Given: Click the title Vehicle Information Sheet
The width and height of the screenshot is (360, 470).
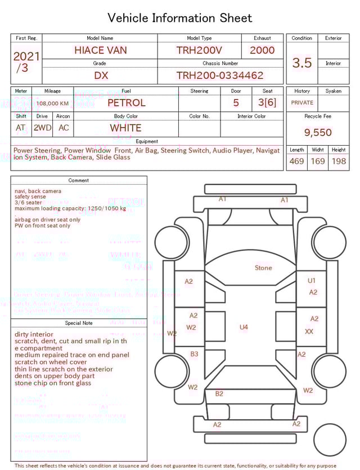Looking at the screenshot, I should point(180,18).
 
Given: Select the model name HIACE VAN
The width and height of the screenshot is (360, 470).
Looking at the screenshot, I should point(100,50).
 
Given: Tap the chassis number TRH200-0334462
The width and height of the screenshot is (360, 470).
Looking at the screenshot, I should point(219,75).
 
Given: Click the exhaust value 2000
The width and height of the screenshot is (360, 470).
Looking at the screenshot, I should point(262,50).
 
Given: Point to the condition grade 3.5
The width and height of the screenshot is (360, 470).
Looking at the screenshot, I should point(302,63).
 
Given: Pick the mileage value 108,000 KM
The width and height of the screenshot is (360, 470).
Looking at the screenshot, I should point(53,104).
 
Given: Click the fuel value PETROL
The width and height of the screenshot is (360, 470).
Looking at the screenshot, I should point(126,103).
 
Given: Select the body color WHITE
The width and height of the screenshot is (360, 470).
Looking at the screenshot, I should point(125,128).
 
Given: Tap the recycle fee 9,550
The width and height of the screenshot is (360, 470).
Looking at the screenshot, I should point(318,133).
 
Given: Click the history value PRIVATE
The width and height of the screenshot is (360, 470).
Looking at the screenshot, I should point(302,103).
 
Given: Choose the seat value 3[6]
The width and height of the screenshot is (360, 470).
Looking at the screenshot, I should point(267,103).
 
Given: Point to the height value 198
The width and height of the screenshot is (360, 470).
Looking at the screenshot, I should point(339,162).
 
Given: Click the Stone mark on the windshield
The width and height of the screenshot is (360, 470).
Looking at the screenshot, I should point(263,268).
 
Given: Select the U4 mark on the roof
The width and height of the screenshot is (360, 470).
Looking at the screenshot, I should point(244,327).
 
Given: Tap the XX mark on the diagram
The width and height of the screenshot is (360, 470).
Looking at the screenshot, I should point(309,332).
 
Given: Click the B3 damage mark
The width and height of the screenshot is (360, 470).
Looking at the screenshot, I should point(194,354).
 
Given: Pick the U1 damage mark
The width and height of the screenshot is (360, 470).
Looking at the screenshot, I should point(312,280).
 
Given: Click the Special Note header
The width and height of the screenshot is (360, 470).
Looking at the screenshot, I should point(79,323).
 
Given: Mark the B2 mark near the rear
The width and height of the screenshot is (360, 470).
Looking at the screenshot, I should point(219,394).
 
